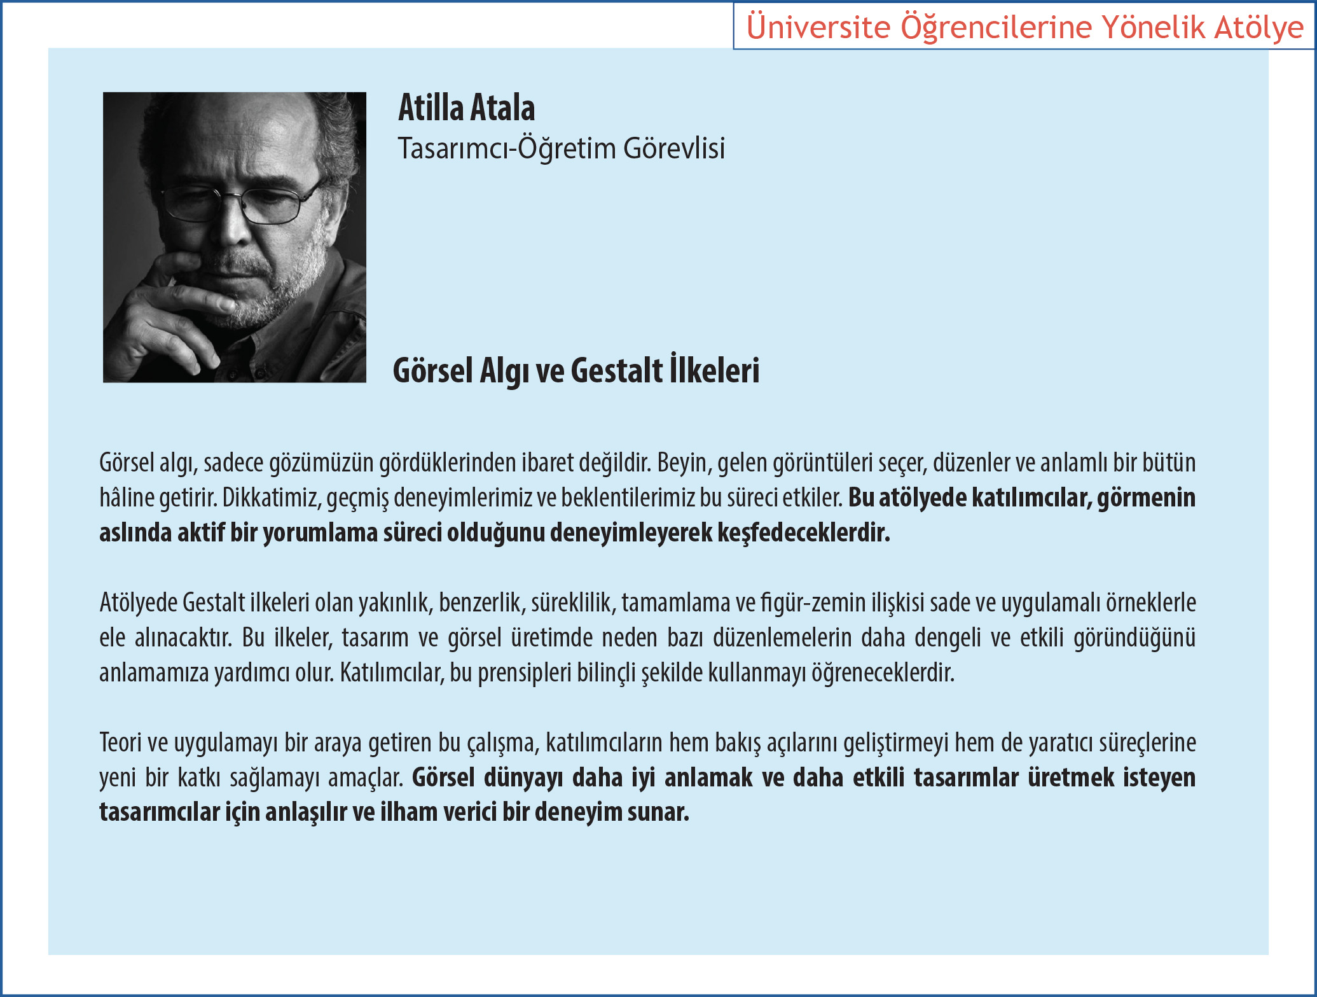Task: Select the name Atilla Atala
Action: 467,108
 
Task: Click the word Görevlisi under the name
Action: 674,148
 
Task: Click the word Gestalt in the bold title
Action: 617,370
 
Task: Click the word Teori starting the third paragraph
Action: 120,743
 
